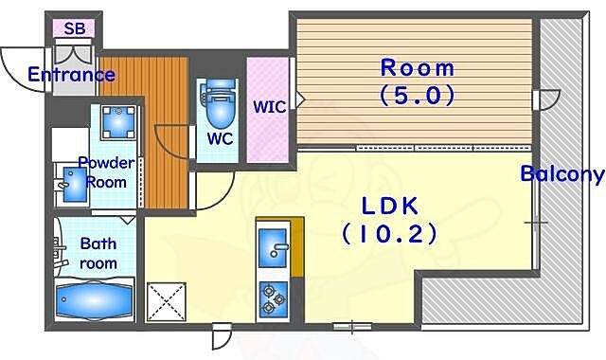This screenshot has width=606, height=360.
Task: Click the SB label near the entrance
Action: coord(75,28)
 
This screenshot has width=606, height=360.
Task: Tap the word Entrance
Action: coord(72,74)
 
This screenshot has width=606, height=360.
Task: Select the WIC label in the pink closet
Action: coord(269,107)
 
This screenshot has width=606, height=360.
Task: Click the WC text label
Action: coord(220,138)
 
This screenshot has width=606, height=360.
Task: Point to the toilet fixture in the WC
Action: coord(220,103)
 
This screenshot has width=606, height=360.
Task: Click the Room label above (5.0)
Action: coord(418,68)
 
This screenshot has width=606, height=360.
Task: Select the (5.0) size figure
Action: coord(418,95)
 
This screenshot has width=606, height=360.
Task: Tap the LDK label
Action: coord(389,206)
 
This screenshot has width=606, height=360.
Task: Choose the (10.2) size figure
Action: coord(389,234)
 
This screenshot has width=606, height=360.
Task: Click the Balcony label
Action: coord(562,174)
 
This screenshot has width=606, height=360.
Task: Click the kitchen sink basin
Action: coord(273,248)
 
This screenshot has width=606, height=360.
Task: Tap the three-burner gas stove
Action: coord(274,299)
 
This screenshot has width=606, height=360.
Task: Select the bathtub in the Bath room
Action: coord(94,300)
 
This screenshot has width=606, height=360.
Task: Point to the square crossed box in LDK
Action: coord(167,301)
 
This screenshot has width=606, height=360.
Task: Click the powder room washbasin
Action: coord(74,185)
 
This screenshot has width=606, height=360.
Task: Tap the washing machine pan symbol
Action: coord(118,122)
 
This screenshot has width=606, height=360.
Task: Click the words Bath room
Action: coord(98,253)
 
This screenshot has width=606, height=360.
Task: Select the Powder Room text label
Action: coord(107,172)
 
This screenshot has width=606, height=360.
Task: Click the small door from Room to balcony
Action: coord(546,99)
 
